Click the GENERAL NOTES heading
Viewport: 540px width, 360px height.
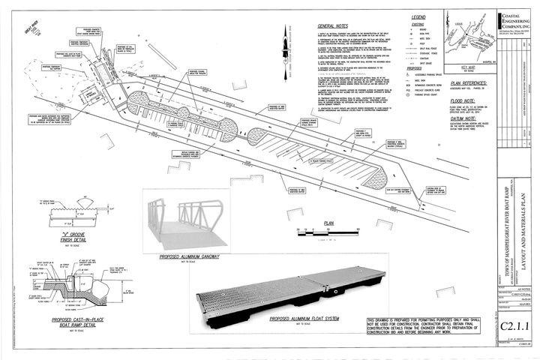pos(331,25)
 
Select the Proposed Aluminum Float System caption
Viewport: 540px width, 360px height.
pos(295,319)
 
